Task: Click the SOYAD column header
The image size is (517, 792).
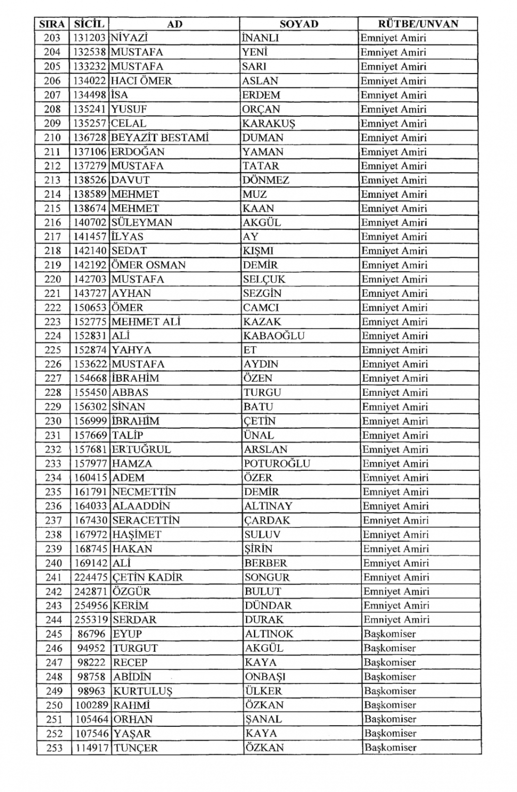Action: pos(299,24)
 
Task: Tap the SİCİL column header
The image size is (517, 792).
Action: pos(89,24)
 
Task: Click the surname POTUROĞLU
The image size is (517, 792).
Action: pos(277,464)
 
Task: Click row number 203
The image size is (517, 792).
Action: pos(52,38)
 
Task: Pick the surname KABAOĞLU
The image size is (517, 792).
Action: pos(273,336)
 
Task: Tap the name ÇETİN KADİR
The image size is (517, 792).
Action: pos(147,577)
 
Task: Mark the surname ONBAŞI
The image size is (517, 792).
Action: pos(265,677)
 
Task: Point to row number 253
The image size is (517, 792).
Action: pos(54,748)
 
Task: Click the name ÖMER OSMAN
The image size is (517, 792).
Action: pos(148,265)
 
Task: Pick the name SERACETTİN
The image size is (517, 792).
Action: pos(145,520)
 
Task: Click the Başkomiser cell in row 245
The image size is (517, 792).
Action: pos(389,634)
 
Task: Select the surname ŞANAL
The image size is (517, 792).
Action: pos(263,720)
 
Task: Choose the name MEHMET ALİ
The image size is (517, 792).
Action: pos(146,322)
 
